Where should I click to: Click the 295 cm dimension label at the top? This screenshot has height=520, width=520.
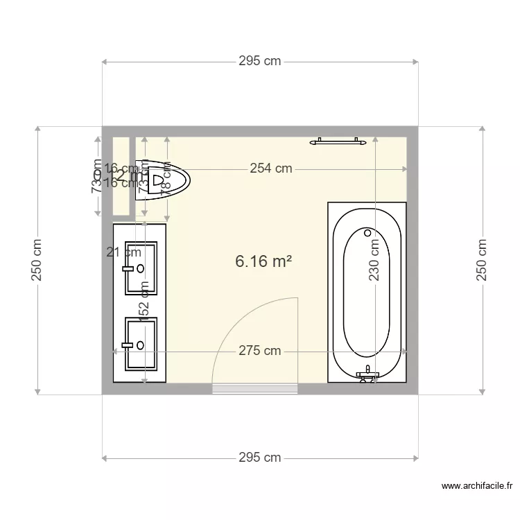260,61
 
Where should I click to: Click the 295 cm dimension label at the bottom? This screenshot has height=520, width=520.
260,458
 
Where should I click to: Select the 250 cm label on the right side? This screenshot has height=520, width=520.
482,261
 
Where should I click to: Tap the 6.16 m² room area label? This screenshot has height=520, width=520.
263,261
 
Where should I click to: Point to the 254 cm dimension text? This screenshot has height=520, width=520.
270,168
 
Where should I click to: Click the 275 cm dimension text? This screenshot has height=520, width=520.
260,351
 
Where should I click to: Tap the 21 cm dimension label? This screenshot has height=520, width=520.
124,252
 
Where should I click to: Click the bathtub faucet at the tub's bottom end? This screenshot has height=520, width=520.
367,375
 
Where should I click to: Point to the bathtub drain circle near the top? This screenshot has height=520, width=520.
368,233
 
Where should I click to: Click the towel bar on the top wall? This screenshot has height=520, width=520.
339,141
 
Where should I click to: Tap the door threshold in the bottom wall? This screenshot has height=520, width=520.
254,389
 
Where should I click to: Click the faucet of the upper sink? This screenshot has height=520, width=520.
128,268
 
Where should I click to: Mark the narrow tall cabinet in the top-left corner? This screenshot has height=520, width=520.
121,176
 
